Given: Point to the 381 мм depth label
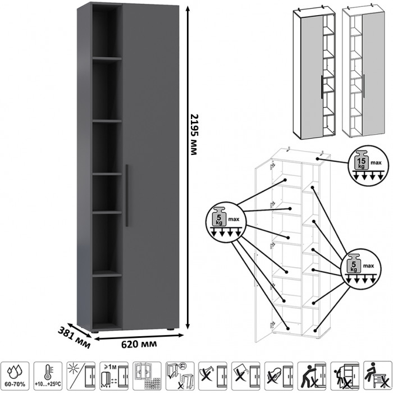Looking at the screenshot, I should [x=75, y=334].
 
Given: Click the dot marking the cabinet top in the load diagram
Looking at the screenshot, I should [x=318, y=159].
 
